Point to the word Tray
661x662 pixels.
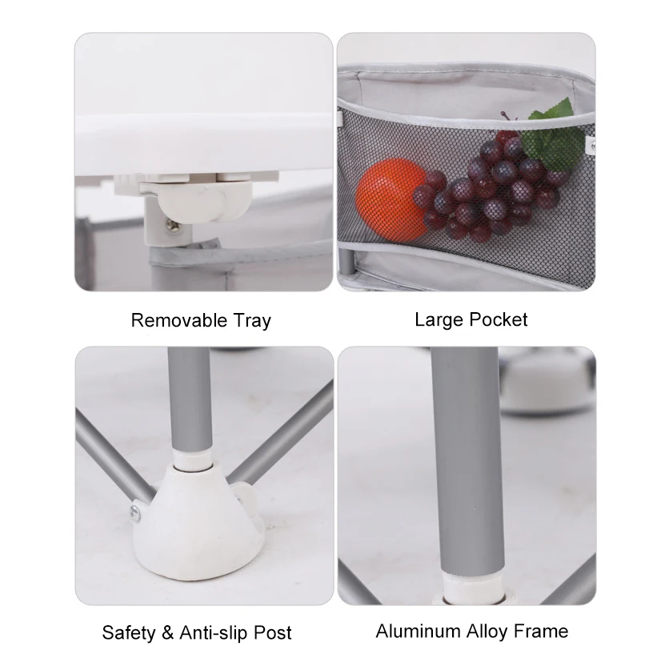(x=250, y=322)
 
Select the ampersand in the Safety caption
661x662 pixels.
(x=166, y=632)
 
